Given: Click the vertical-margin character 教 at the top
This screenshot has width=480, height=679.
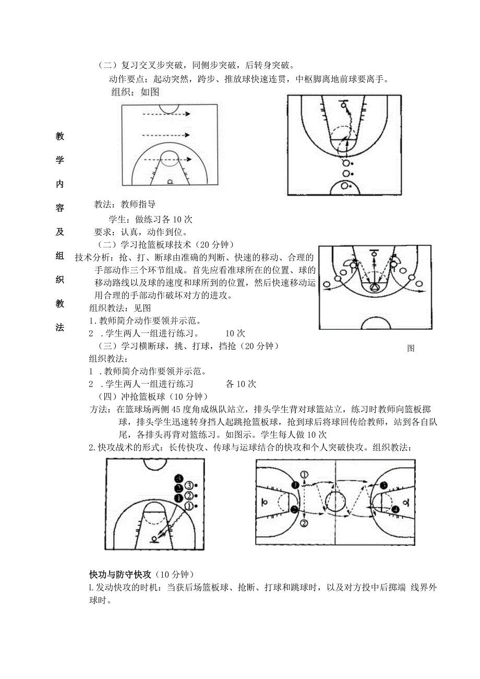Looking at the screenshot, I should pyautogui.click(x=60, y=137).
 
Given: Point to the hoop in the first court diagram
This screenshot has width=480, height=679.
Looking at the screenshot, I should pyautogui.click(x=170, y=182).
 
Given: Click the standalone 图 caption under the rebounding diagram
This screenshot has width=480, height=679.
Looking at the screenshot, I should pyautogui.click(x=411, y=349).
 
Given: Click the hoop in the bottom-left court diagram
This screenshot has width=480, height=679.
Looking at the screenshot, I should pyautogui.click(x=154, y=539).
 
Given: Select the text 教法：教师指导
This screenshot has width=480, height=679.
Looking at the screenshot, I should pyautogui.click(x=125, y=204).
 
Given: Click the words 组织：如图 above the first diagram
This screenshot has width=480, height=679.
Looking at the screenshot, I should pyautogui.click(x=135, y=92).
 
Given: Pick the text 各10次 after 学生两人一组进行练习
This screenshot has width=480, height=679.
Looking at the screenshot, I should pyautogui.click(x=241, y=384).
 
